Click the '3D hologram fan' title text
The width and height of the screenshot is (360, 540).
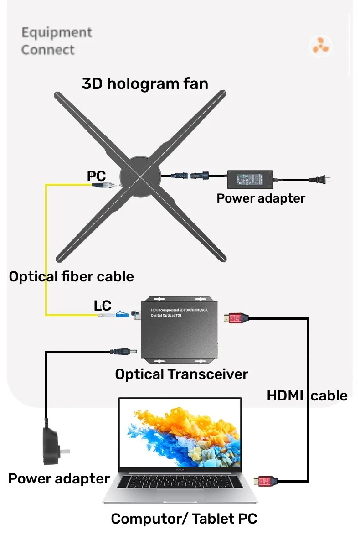click(x=145, y=83)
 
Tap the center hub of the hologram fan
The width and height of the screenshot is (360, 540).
click(x=140, y=176)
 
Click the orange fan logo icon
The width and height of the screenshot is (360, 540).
click(x=321, y=46)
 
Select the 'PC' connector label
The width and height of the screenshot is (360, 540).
click(x=96, y=176)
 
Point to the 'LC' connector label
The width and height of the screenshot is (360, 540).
click(x=103, y=306)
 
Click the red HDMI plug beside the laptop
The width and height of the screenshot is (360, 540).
click(x=266, y=480)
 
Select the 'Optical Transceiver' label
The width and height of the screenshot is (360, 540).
click(x=181, y=374)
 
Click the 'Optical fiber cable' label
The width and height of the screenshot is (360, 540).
click(x=72, y=276)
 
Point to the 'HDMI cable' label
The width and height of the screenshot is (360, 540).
click(x=307, y=395)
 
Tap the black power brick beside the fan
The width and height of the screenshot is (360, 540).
click(x=250, y=180)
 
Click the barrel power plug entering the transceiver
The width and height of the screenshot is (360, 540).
click(x=125, y=352)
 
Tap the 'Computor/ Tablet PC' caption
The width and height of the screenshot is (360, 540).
click(x=184, y=519)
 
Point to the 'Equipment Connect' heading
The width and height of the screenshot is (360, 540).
click(x=57, y=41)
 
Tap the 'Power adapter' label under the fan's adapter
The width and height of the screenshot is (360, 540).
click(x=261, y=198)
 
